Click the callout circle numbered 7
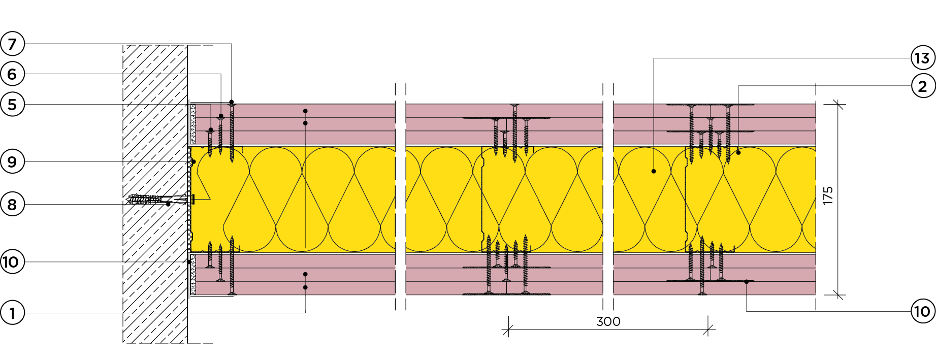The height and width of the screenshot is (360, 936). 12,44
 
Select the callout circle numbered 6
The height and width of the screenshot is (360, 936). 12,74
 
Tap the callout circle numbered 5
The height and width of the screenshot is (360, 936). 12,105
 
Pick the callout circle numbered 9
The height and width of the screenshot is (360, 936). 12,162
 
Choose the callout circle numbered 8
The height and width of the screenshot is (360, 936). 12,205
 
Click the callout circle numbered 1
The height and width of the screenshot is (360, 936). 12,312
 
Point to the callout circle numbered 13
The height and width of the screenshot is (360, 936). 922,58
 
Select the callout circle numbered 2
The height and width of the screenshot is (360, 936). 922,86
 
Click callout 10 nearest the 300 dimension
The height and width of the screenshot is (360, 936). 922,311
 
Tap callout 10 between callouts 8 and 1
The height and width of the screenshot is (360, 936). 12,262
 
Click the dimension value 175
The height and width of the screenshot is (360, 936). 828,195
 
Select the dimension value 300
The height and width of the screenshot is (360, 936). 608,321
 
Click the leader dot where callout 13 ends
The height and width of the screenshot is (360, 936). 654,172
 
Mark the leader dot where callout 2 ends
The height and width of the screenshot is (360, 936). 738,152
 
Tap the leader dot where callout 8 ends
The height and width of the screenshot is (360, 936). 169,204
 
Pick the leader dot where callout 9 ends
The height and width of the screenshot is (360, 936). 193,162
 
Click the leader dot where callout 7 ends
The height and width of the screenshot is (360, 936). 232,102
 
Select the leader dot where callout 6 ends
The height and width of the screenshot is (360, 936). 221,116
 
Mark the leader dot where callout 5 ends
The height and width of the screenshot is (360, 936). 211,130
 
